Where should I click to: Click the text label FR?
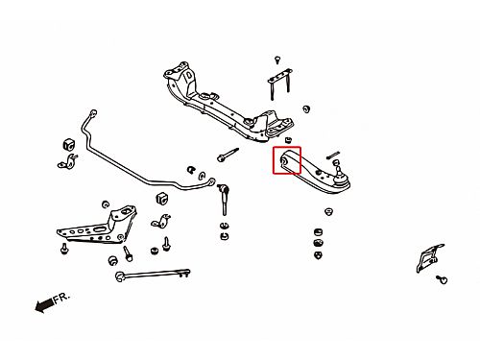tap(61, 298)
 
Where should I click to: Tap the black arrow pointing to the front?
tap(44, 305)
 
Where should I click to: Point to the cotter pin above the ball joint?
tap(333, 155)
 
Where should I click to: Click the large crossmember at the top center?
tap(228, 103)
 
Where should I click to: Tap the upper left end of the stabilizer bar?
tap(93, 112)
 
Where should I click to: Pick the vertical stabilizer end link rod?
tap(224, 200)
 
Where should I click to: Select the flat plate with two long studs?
tap(279, 84)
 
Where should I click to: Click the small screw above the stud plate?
tap(277, 60)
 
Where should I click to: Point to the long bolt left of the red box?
tap(228, 155)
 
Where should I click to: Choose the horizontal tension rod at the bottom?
tap(153, 274)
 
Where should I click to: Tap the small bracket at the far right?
tap(429, 258)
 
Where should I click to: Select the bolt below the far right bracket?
tap(442, 279)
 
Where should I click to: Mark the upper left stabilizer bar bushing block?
tap(68, 144)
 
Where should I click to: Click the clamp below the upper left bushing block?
tap(68, 161)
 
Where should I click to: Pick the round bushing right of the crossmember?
tap(306, 108)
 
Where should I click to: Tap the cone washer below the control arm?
tap(328, 211)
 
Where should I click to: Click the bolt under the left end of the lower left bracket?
tap(64, 249)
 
